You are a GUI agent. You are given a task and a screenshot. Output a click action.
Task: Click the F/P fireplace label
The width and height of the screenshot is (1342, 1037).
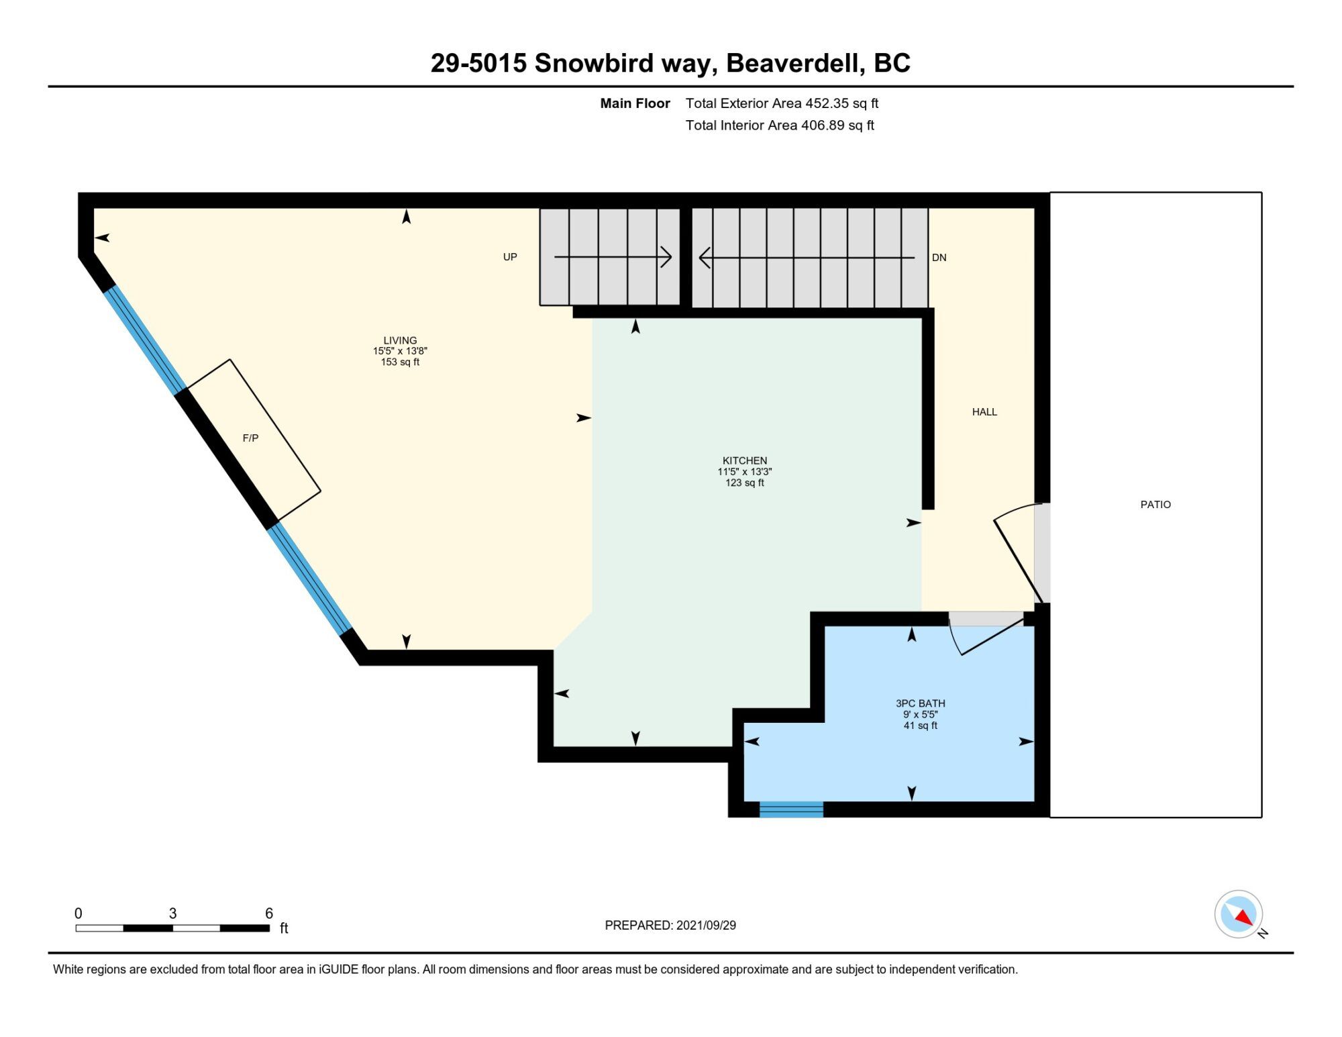[250, 438]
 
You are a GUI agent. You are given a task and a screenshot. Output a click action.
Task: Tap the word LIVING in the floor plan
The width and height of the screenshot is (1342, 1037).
[400, 340]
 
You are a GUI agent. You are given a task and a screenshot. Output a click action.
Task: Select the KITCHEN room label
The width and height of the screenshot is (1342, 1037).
[745, 460]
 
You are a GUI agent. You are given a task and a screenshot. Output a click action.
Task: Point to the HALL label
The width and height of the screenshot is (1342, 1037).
[984, 412]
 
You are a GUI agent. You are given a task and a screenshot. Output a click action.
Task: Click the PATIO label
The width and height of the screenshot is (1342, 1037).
[1155, 505]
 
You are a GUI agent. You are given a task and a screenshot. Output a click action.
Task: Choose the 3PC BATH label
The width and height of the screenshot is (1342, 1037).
[921, 703]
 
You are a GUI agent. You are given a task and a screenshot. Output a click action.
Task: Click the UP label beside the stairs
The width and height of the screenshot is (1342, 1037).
[510, 257]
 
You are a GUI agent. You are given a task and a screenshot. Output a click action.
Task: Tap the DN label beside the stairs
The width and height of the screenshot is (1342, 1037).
[939, 258]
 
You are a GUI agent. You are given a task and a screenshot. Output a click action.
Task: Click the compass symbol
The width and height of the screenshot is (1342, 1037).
[1239, 914]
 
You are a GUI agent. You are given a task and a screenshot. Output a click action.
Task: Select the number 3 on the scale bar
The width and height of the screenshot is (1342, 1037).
[172, 913]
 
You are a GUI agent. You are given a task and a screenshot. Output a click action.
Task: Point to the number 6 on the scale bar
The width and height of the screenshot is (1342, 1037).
[269, 913]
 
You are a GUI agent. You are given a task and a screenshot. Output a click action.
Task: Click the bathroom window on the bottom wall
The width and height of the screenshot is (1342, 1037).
[791, 809]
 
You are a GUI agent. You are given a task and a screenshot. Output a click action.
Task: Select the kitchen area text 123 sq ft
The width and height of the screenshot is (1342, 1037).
[745, 483]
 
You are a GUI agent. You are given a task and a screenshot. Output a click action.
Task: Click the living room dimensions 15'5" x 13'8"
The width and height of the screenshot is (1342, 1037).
[400, 351]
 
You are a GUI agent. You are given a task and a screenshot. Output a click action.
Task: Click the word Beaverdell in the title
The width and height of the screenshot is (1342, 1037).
[792, 63]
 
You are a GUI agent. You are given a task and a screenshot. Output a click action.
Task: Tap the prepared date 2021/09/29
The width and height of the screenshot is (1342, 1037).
[706, 925]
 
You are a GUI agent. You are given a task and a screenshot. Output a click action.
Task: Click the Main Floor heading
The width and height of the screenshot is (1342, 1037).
[635, 103]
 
